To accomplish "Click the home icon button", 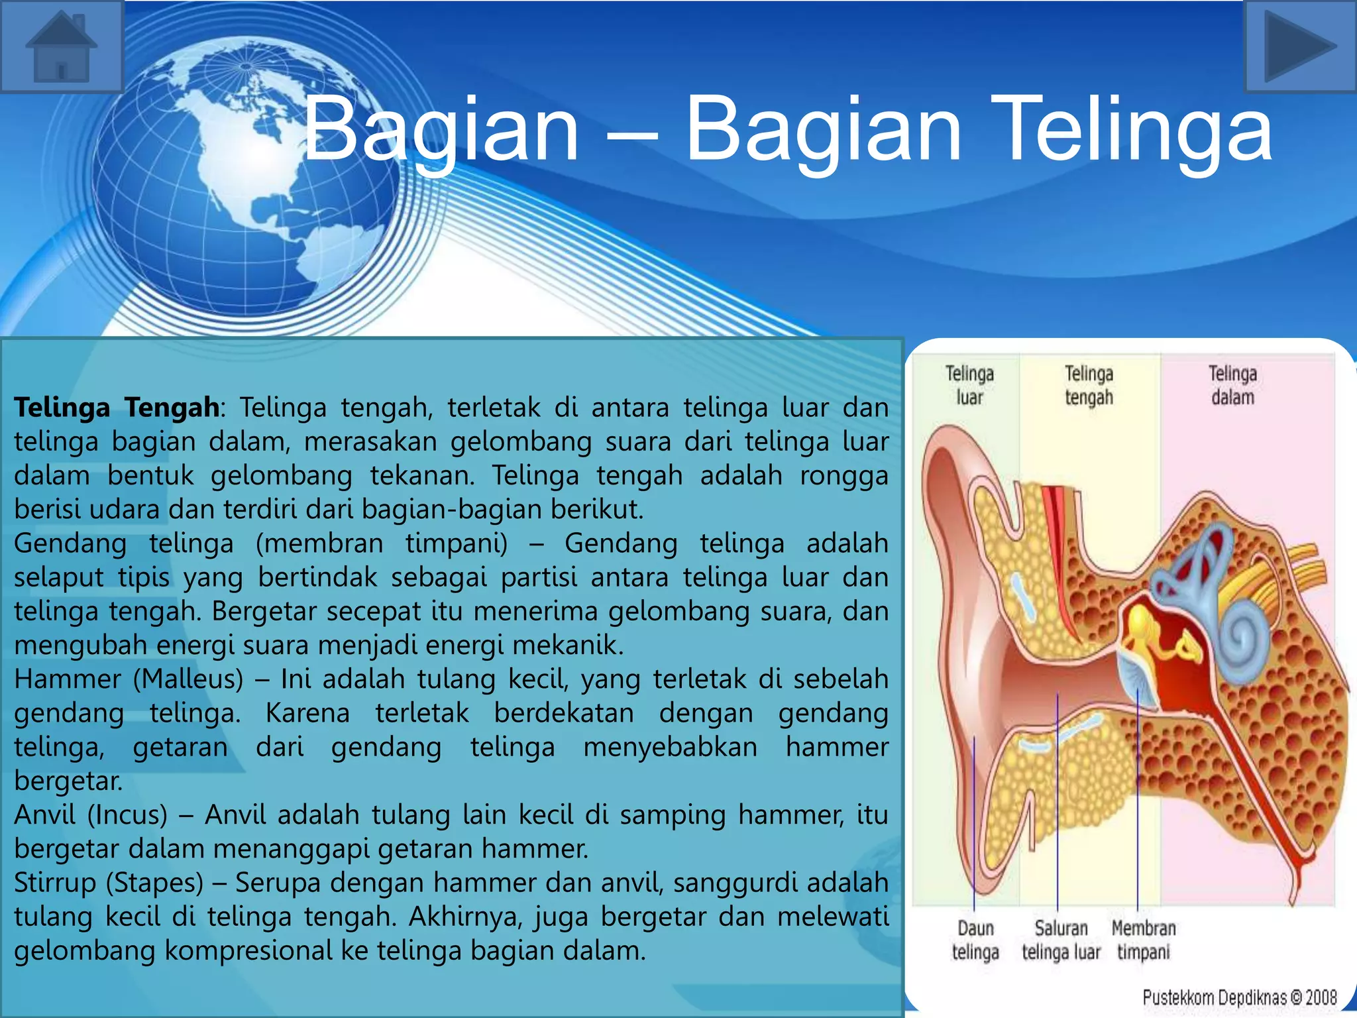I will point(62,46).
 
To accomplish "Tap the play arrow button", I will point(1300,46).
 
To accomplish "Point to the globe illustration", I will point(245,179).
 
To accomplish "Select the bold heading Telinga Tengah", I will point(117,407).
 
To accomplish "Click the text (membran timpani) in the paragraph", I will point(382,543).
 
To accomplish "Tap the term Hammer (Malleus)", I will point(129,679).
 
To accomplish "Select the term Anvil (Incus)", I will point(91,815).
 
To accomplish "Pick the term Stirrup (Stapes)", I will point(109,883).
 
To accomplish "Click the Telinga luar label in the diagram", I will point(969,385).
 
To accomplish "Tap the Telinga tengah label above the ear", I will point(1089,385).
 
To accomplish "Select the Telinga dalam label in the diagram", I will point(1232,385).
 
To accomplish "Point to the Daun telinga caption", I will point(975,940).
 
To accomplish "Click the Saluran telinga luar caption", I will point(1061,940).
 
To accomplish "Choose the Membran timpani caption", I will point(1144,940).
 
